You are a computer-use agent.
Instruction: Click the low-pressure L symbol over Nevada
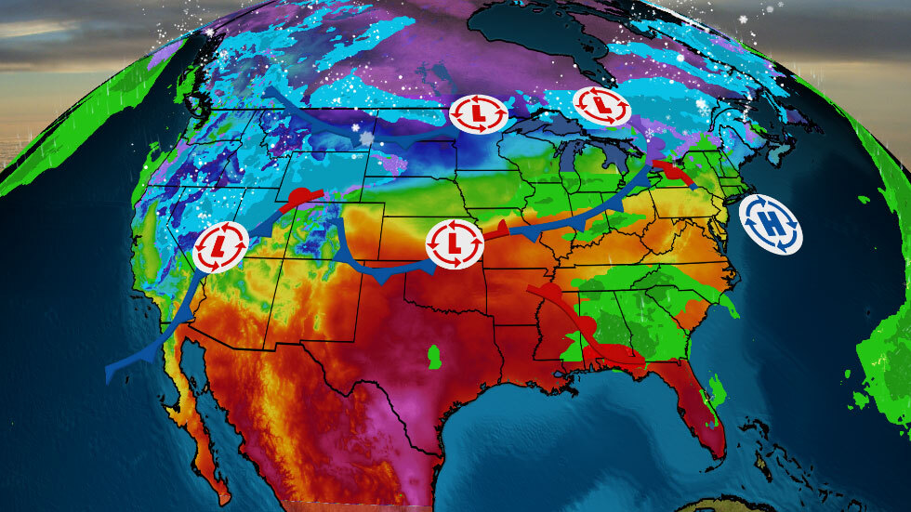[x=220, y=247]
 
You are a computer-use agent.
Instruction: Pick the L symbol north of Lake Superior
[x=601, y=106]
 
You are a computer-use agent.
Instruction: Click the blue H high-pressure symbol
[x=772, y=222]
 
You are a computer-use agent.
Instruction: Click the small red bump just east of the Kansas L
[x=499, y=228]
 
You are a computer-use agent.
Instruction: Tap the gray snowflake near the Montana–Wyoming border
[x=366, y=139]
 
